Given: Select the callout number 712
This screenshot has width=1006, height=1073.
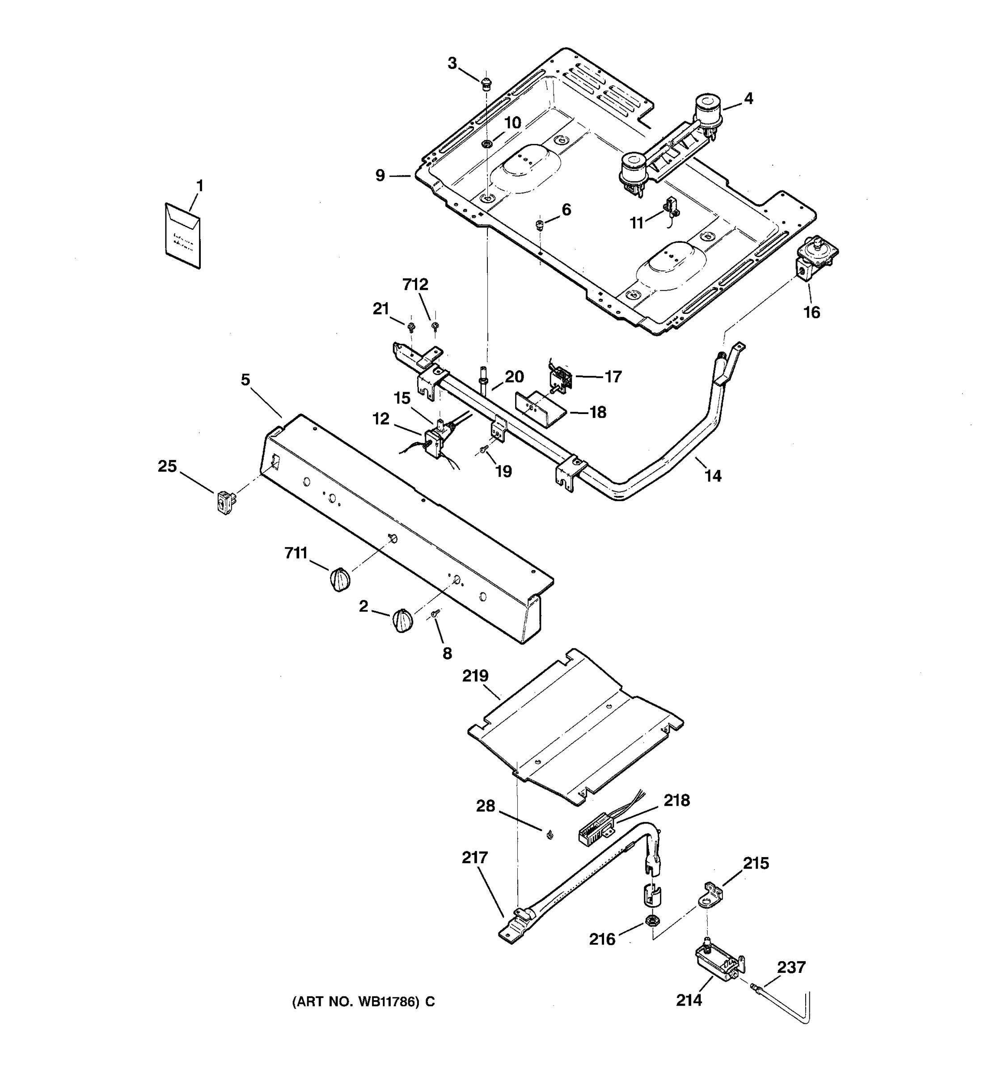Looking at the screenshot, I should pyautogui.click(x=415, y=284).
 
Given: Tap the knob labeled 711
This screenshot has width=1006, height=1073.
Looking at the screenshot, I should pyautogui.click(x=339, y=579).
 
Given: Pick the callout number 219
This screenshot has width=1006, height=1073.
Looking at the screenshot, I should pyautogui.click(x=475, y=676).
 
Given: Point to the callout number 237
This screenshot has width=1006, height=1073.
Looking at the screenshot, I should pyautogui.click(x=791, y=967).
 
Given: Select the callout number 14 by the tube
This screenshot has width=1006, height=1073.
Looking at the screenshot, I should pyautogui.click(x=712, y=476).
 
